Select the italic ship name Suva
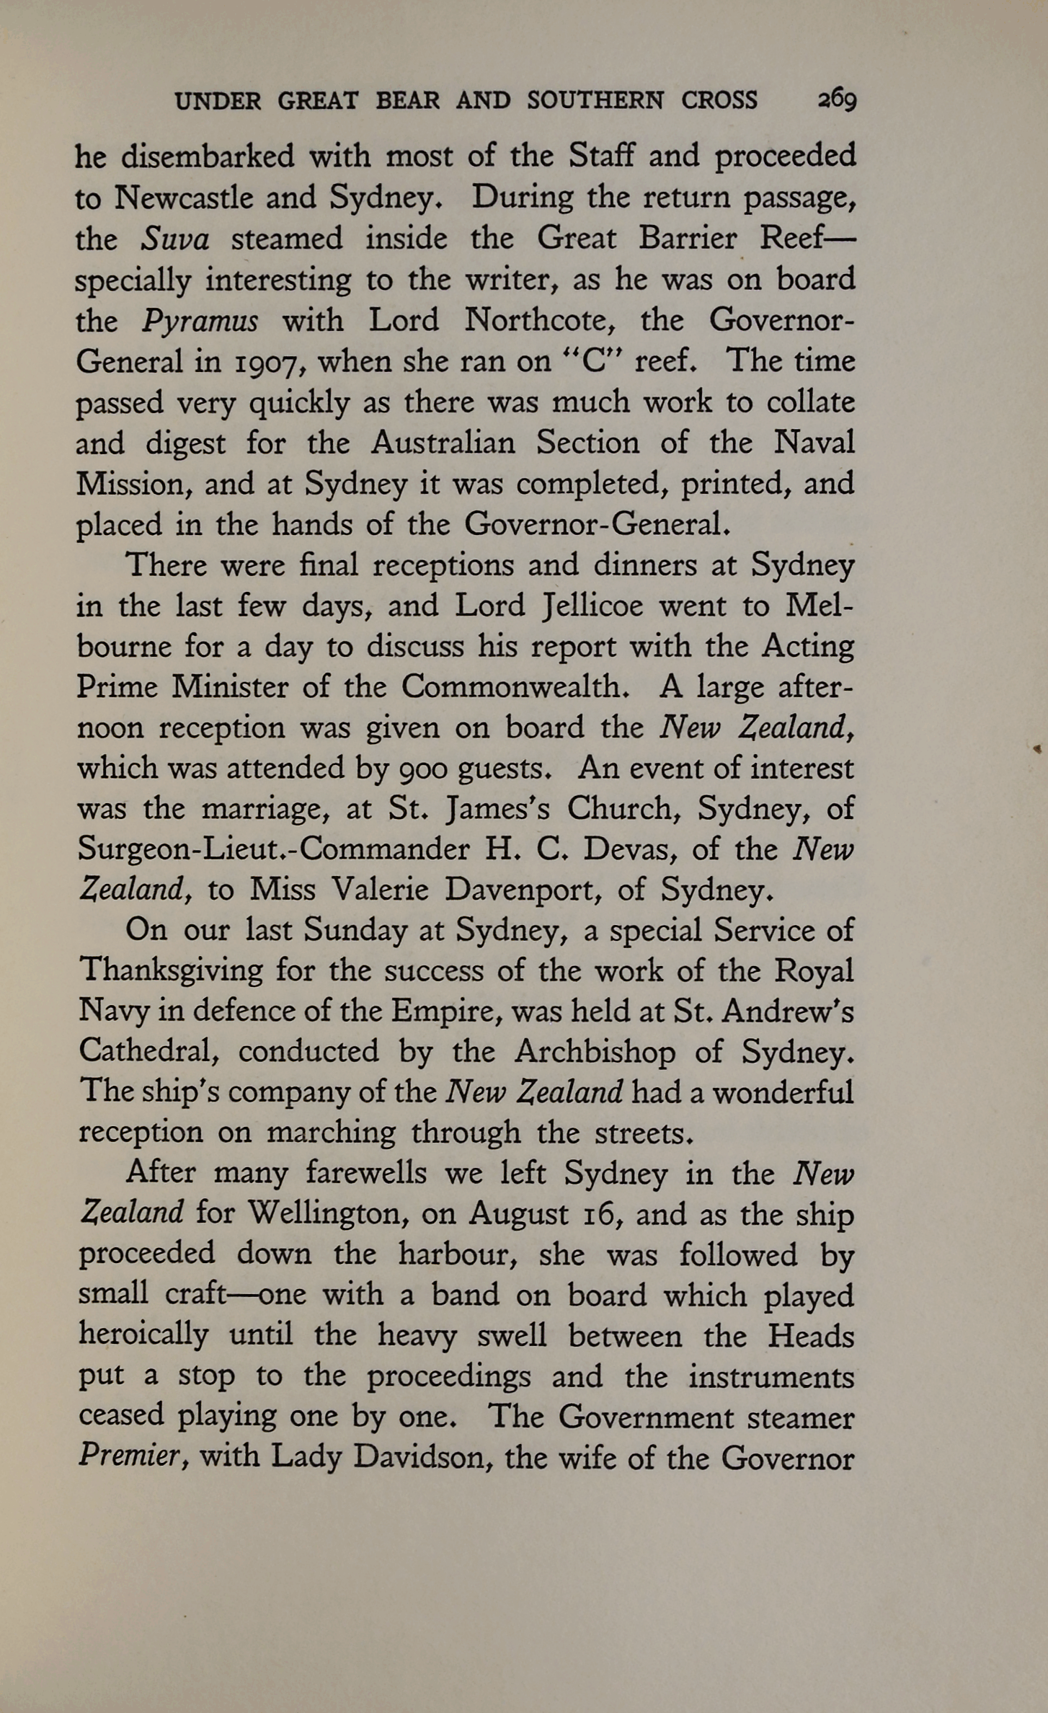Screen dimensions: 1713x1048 (x=174, y=239)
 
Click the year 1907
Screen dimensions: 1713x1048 (x=265, y=361)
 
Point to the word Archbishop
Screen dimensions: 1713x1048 (x=595, y=1052)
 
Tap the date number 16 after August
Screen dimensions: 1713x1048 (x=598, y=1214)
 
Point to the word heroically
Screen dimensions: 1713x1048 (x=143, y=1334)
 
